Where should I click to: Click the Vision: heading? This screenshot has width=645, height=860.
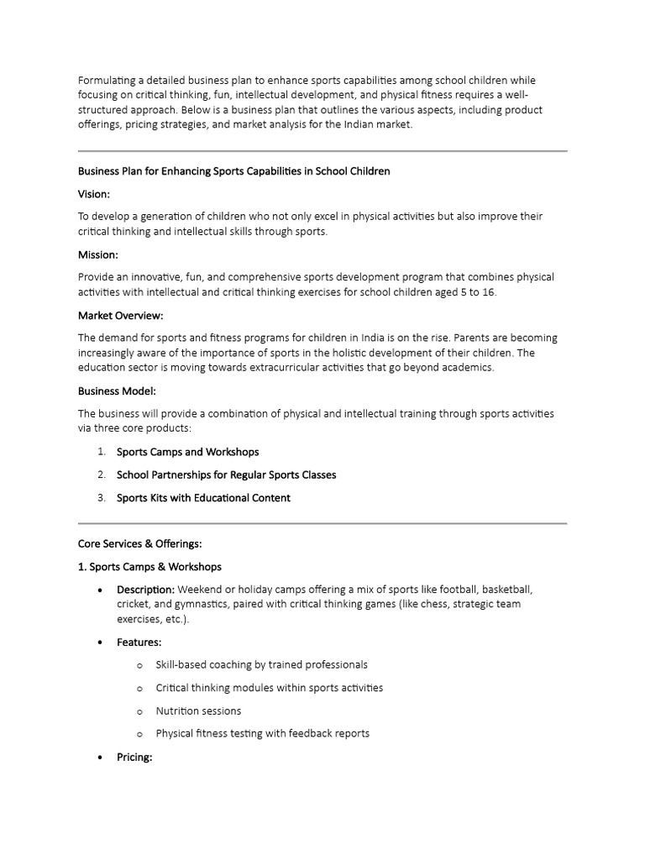[x=95, y=193]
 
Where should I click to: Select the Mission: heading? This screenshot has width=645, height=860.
[x=98, y=254]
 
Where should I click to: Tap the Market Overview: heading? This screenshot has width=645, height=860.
[x=120, y=315]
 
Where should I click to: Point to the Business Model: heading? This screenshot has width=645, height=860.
[x=117, y=391]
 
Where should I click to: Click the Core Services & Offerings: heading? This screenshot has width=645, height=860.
[x=139, y=543]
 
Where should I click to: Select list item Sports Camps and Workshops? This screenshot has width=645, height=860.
[x=187, y=452]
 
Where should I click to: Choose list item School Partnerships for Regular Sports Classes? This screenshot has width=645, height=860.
[x=226, y=475]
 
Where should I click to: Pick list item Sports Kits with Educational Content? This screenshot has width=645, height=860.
[x=203, y=497]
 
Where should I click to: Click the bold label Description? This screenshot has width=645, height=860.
[x=145, y=589]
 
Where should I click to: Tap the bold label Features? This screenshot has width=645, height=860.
[x=139, y=642]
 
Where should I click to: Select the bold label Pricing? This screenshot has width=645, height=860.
[x=134, y=757]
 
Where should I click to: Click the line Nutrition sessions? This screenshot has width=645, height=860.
[x=198, y=711]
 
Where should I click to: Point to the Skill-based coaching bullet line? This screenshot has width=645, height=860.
[x=261, y=664]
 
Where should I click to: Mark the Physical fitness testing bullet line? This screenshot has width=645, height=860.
[x=262, y=733]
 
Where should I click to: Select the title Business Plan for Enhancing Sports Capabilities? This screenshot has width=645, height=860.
[x=233, y=170]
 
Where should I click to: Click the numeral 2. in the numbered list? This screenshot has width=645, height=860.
[x=101, y=475]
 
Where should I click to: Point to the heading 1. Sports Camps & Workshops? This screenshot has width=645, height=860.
[x=149, y=566]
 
